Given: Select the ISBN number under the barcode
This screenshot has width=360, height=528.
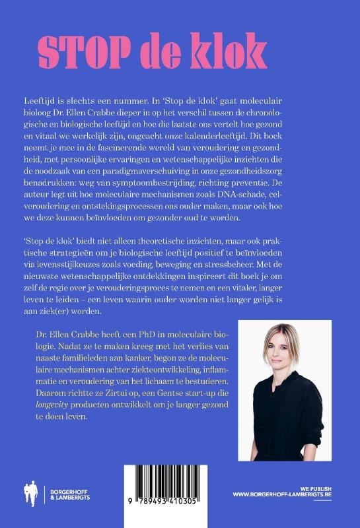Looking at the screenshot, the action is (x=179, y=517).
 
